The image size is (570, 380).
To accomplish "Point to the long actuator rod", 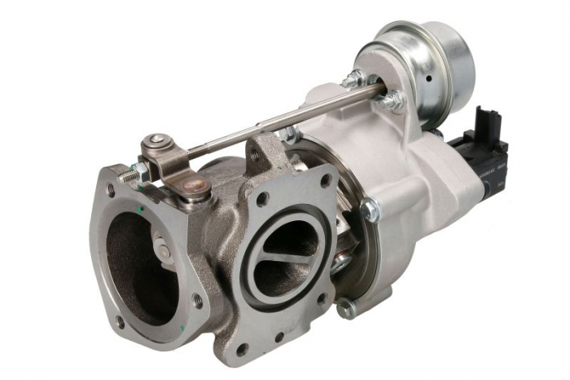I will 285,122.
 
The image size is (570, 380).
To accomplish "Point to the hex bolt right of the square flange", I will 370,210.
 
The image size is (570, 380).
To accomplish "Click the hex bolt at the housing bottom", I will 346,308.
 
